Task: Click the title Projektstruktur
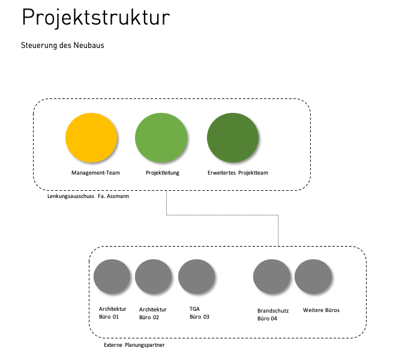tap(95, 18)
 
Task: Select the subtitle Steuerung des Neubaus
tap(62, 45)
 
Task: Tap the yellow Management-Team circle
tap(91, 137)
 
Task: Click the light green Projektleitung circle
tap(161, 137)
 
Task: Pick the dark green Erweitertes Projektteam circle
tap(233, 137)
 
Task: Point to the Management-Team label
tap(95, 173)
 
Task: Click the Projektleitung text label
tap(163, 173)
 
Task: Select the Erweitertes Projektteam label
tap(238, 173)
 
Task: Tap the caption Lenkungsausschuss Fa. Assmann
tap(88, 196)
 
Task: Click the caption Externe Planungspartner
tap(134, 345)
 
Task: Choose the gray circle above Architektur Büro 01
tap(112, 277)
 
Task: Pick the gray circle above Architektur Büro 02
tap(154, 277)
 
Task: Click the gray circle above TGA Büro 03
tap(197, 277)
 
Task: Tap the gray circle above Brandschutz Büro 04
tap(272, 277)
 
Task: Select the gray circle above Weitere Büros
tap(313, 277)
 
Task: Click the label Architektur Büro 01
tap(113, 313)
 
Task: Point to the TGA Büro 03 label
tap(199, 313)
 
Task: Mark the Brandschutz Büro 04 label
tap(273, 314)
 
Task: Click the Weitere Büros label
tap(321, 310)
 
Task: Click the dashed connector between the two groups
tap(223, 215)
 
